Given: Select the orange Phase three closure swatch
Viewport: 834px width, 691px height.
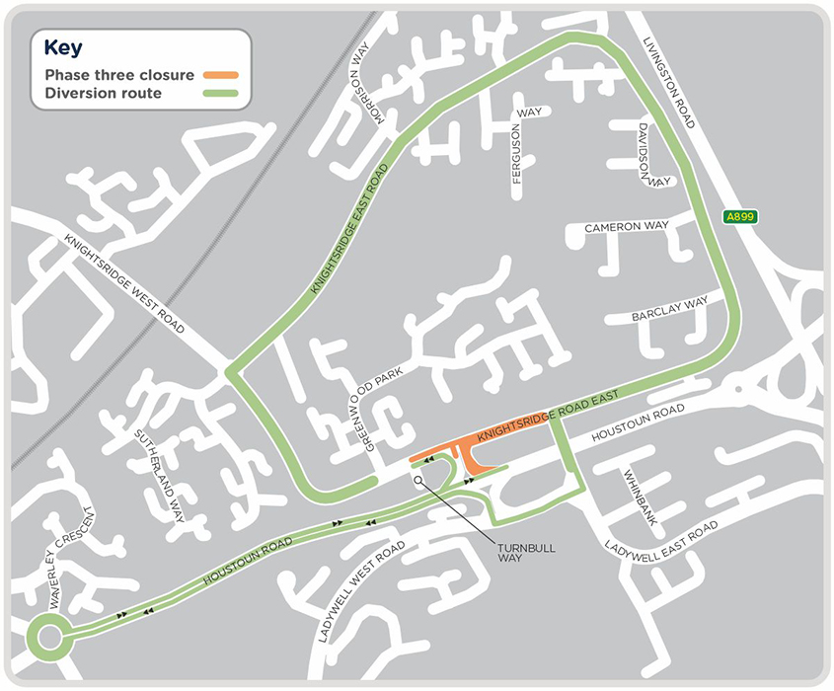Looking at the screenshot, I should (x=221, y=74).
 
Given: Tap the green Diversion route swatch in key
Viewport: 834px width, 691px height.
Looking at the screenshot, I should (x=221, y=94).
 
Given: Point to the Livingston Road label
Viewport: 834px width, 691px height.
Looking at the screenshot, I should (x=670, y=85).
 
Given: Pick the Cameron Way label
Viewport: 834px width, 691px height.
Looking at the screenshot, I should (x=626, y=226).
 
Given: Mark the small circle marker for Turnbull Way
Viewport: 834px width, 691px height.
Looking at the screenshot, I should (x=418, y=481).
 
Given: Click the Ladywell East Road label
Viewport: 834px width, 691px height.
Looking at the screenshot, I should (x=662, y=538).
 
